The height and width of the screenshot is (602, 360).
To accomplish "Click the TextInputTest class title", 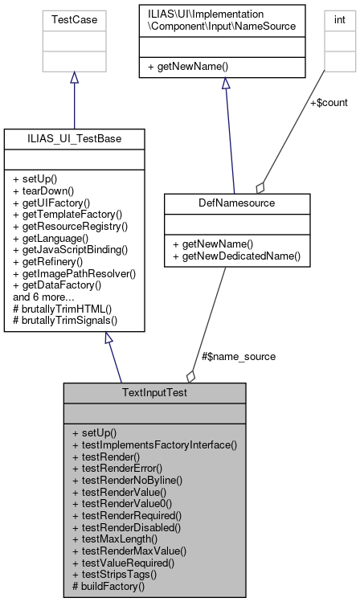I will coord(154,393).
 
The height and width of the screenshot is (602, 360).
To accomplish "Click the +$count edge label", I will coord(328,103).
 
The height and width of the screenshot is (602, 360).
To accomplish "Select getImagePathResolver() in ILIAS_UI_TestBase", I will coord(75,273).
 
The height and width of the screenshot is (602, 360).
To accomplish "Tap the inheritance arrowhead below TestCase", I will coord(74,78).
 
